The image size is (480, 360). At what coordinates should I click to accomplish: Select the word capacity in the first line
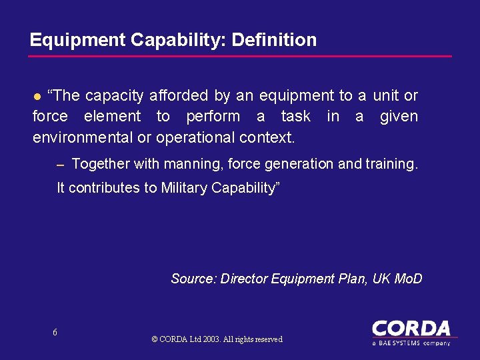pyautogui.click(x=115, y=96)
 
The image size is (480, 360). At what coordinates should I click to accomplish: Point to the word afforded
pyautogui.click(x=178, y=96)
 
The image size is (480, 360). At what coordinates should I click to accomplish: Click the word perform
pyautogui.click(x=213, y=117)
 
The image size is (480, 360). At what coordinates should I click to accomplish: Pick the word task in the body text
pyautogui.click(x=296, y=117)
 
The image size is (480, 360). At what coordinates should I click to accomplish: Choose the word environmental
pyautogui.click(x=92, y=137)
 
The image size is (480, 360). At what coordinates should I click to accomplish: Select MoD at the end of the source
pyautogui.click(x=407, y=279)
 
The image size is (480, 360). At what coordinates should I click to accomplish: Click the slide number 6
pyautogui.click(x=55, y=333)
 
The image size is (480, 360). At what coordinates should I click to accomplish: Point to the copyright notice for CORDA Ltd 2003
pyautogui.click(x=217, y=339)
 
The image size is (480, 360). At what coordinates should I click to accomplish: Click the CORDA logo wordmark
pyautogui.click(x=411, y=329)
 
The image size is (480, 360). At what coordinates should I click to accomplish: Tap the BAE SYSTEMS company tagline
pyautogui.click(x=411, y=343)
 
